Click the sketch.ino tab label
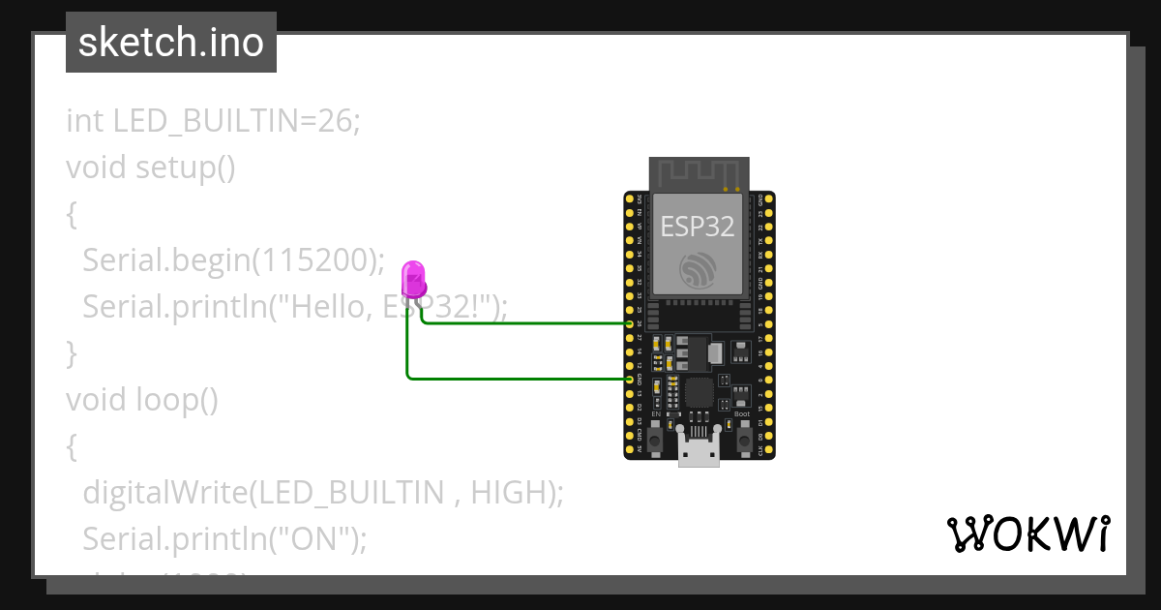[170, 43]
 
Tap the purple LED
[413, 280]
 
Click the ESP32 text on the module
[697, 227]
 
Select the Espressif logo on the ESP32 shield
[697, 269]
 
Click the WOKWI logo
[1027, 534]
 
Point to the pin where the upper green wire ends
[630, 323]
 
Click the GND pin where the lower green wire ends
[630, 380]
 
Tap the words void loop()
[142, 399]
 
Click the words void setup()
[150, 168]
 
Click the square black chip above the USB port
[698, 393]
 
